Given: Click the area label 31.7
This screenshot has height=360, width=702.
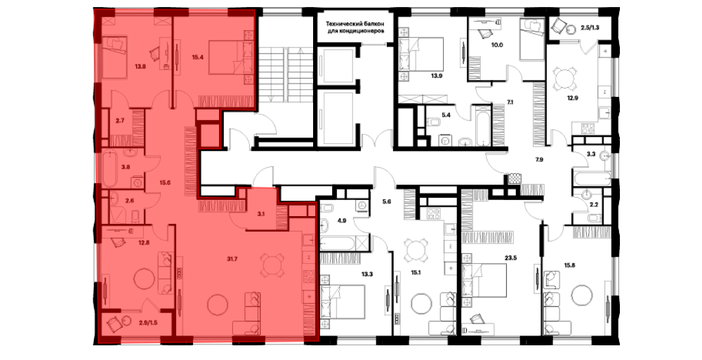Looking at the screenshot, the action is coord(233,257).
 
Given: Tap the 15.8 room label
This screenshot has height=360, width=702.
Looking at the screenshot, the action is coord(570,264).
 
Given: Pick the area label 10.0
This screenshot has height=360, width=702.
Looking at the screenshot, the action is coord(497,45).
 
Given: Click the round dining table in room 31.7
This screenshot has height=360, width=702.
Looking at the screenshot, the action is coord(271,265).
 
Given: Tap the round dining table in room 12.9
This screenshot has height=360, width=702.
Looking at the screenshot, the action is coord(564,81).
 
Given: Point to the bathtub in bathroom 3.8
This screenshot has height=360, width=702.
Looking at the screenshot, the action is coord(110,169).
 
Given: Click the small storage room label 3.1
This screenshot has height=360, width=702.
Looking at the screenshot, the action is coord(261,213).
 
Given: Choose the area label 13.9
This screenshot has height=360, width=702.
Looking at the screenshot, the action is coord(437,75).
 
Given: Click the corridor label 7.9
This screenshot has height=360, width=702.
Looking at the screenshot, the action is coord(538,159).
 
